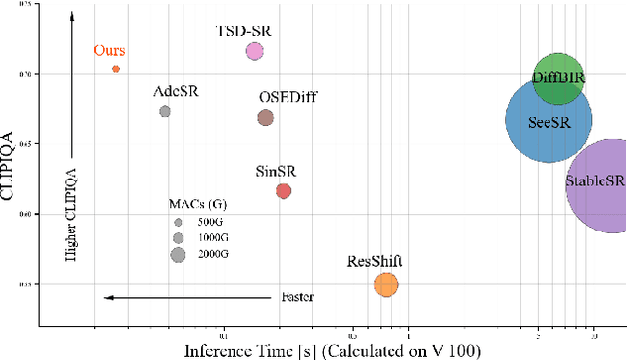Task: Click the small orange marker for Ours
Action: tap(116, 69)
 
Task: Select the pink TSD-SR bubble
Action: tap(254, 51)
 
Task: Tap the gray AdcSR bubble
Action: tap(165, 111)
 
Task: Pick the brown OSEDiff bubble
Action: tap(265, 118)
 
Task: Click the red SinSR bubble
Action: tap(284, 191)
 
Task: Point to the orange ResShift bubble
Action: tap(386, 284)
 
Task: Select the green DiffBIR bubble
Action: tap(558, 78)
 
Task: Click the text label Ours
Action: tap(109, 50)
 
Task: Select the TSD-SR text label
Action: tap(242, 30)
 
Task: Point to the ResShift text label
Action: tap(375, 261)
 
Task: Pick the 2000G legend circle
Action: tap(178, 255)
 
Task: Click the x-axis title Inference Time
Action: tap(332, 349)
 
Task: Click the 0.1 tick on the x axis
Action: tap(223, 334)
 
